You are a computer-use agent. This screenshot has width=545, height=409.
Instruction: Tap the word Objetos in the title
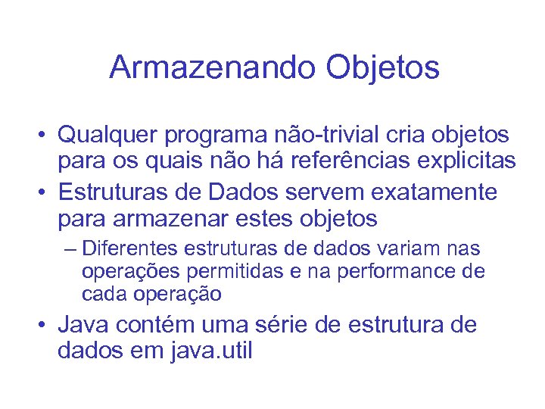coord(383,67)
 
